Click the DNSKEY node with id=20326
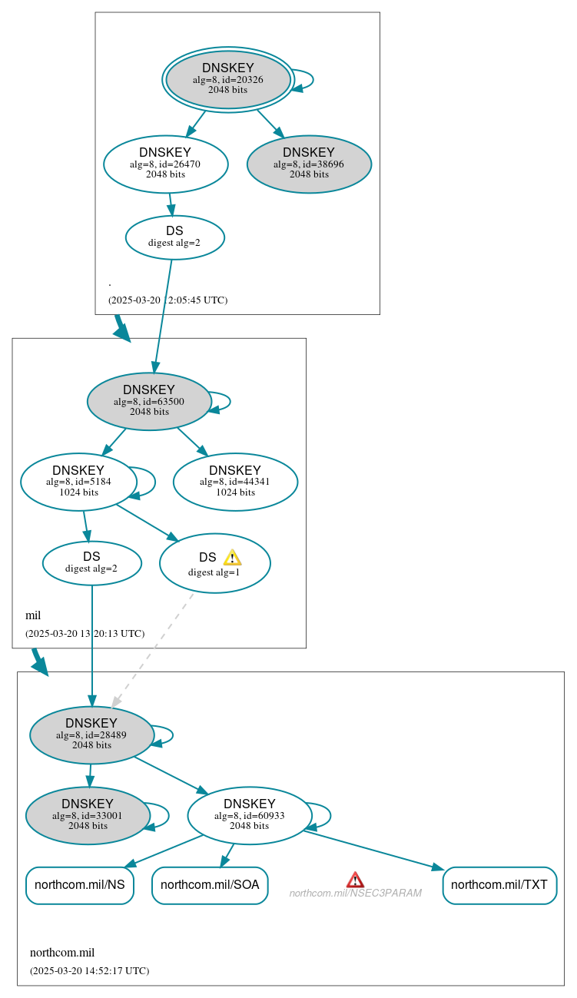[228, 79]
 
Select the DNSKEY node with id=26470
[165, 164]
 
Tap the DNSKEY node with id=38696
[309, 164]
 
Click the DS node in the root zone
[174, 237]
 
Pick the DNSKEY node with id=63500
[149, 401]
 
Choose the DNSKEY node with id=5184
[78, 482]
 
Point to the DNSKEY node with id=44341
[235, 482]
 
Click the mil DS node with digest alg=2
[91, 562]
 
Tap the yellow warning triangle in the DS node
[232, 558]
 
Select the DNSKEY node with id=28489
[91, 734]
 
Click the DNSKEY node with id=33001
[88, 815]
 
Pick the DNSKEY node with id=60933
[249, 815]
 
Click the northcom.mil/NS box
[79, 885]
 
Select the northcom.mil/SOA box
[210, 885]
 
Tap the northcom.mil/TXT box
[499, 885]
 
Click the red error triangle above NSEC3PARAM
[355, 880]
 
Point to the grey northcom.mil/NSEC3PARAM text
[355, 894]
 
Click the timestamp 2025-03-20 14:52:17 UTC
[89, 971]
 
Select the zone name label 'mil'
[33, 615]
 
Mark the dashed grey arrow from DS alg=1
[154, 649]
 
